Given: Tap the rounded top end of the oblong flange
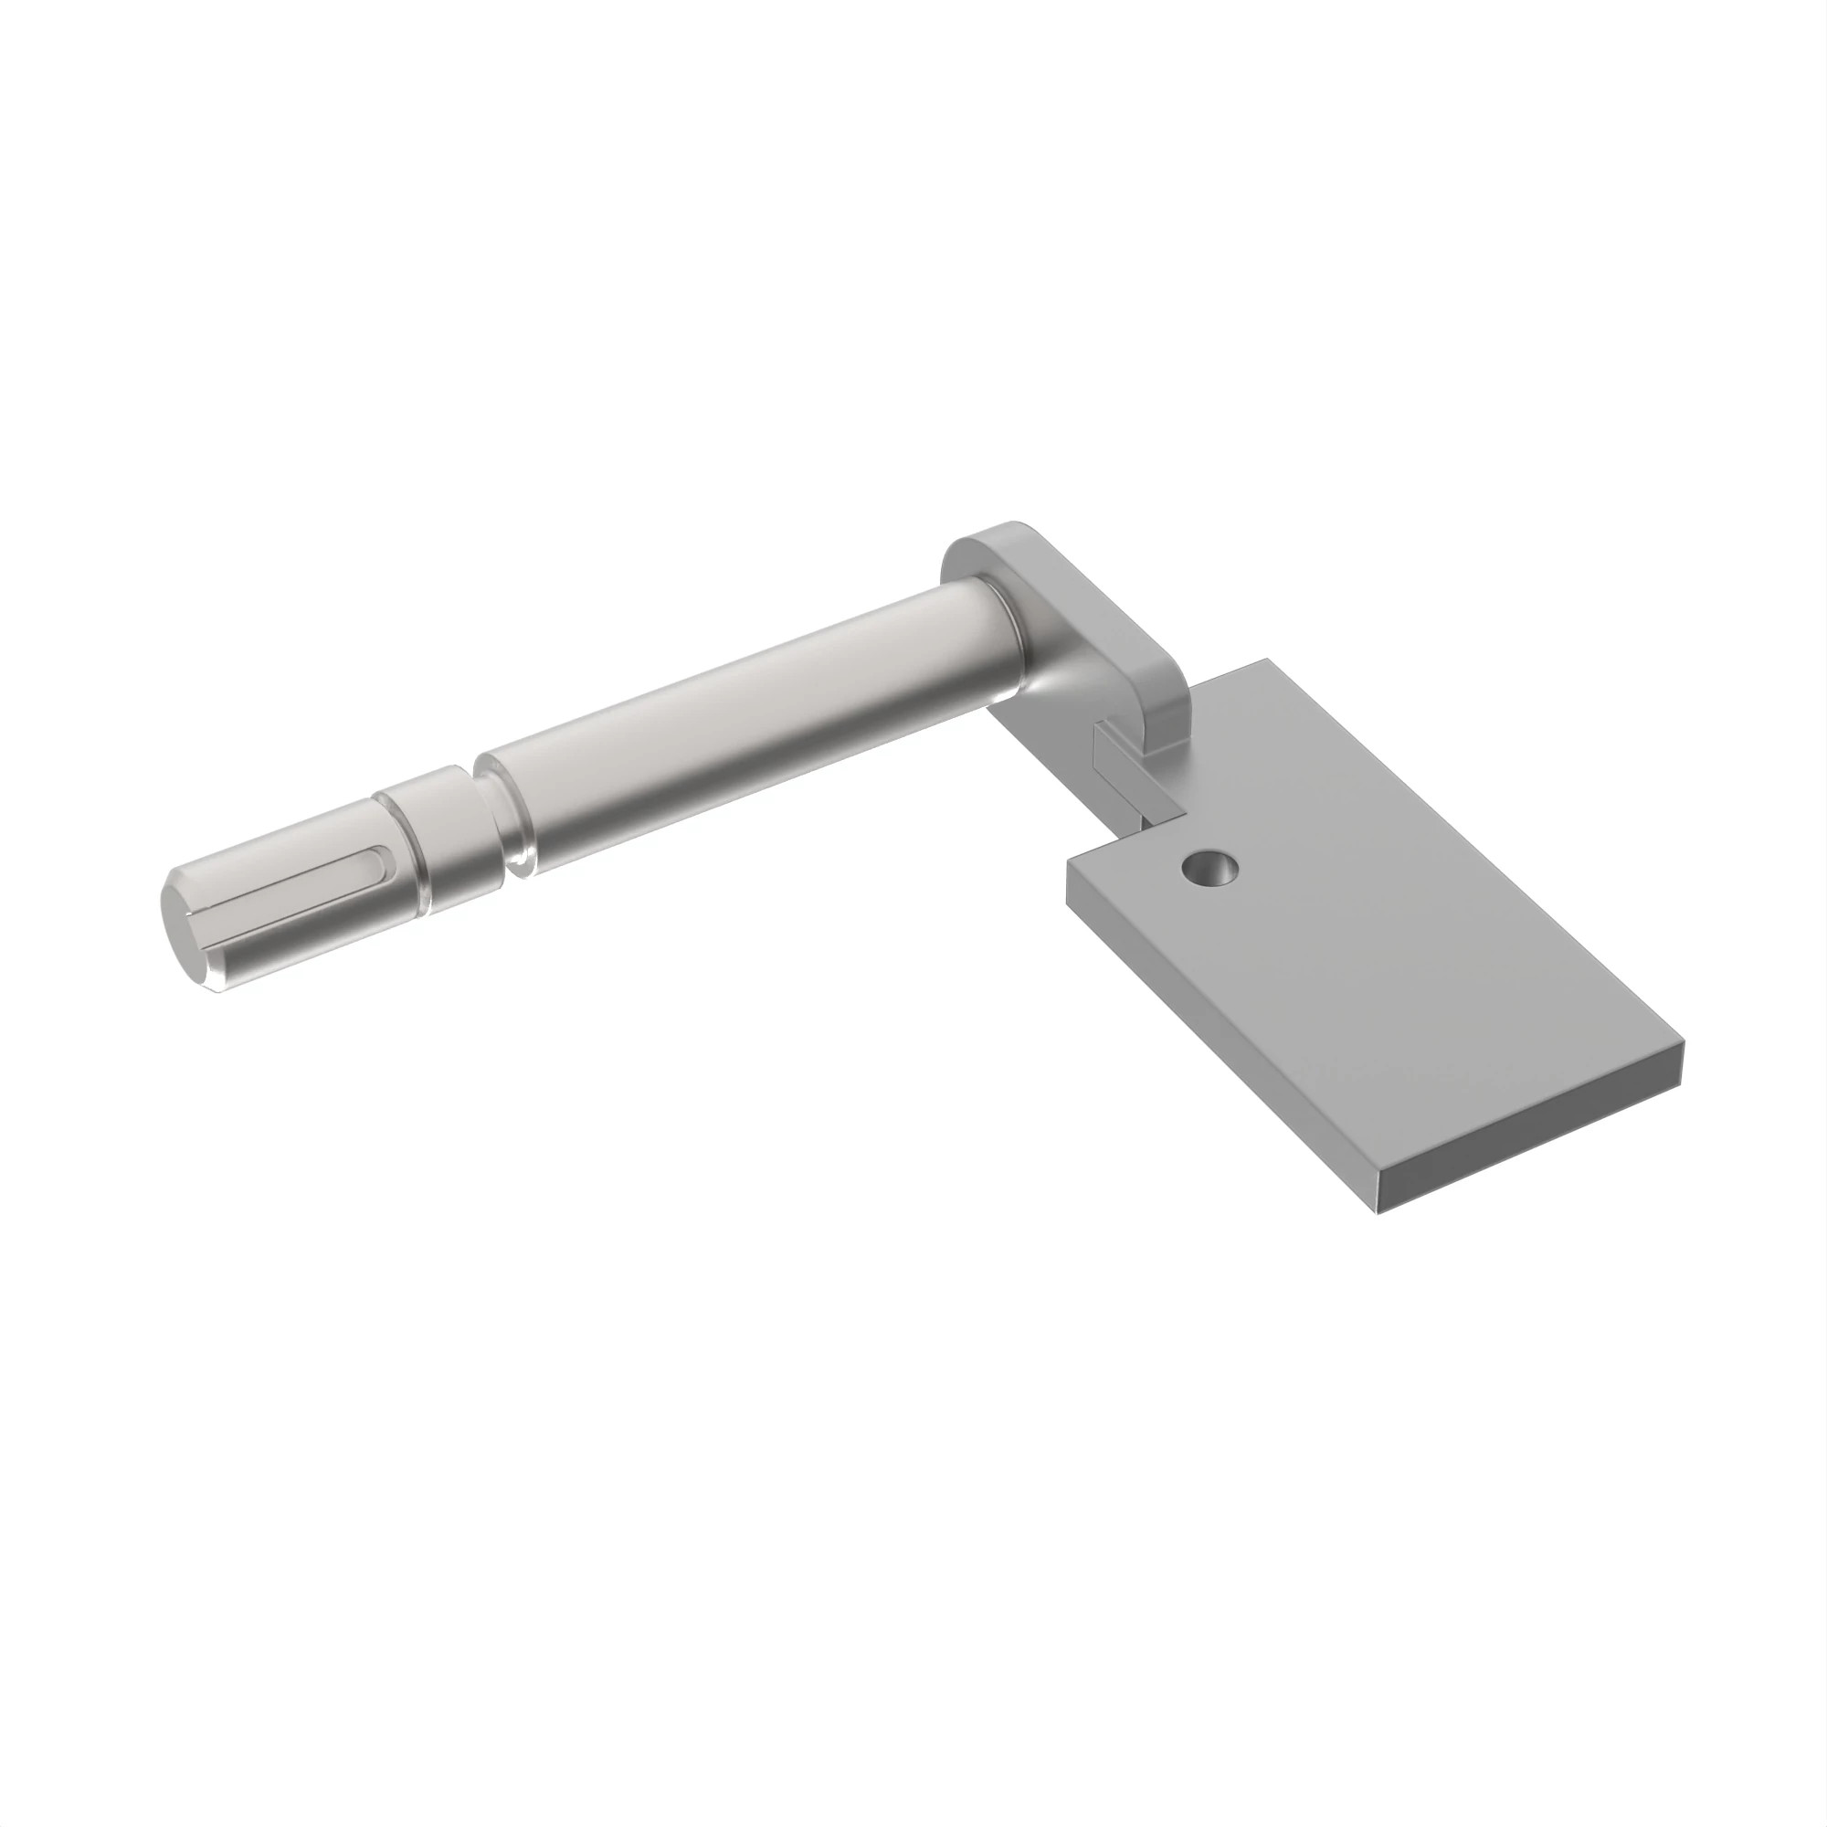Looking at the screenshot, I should (x=993, y=535).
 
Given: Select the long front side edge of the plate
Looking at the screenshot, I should (x=1220, y=1040).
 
